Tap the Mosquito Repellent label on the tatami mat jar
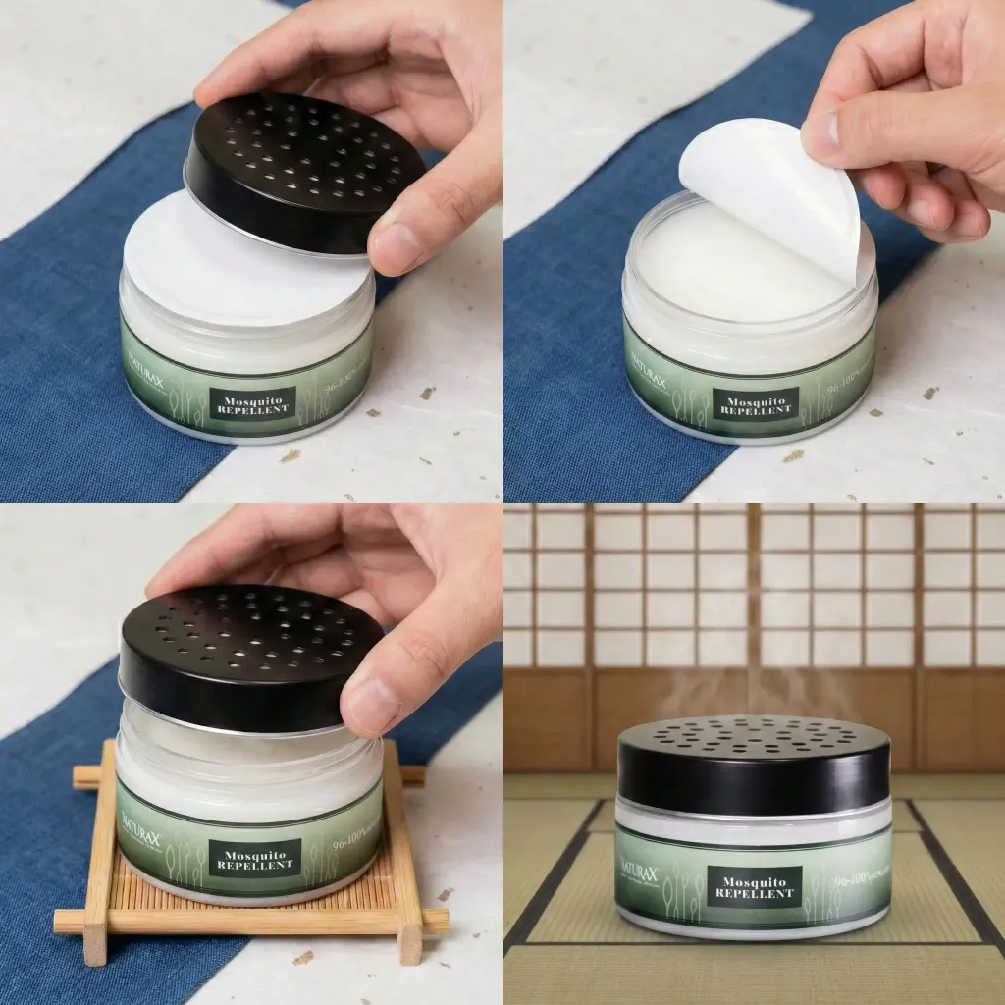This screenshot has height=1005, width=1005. pyautogui.click(x=754, y=887)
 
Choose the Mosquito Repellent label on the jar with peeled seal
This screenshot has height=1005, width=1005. pyautogui.click(x=755, y=402)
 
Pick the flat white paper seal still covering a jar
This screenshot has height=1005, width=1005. pyautogui.click(x=236, y=265)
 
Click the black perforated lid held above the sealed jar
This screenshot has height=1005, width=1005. pyautogui.click(x=304, y=167)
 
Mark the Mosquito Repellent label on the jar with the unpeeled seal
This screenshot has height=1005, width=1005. pyautogui.click(x=252, y=402)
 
